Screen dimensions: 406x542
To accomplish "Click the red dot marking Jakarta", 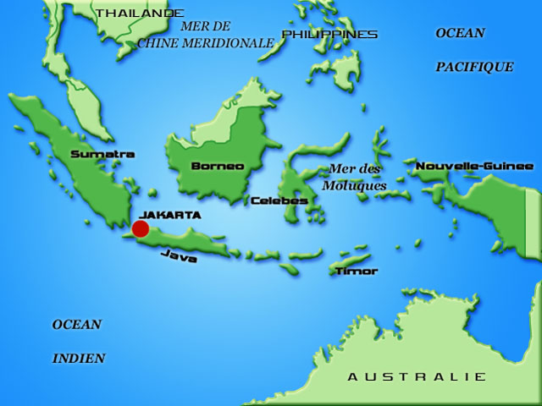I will (x=141, y=228).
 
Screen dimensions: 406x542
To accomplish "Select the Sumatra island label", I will (x=102, y=154).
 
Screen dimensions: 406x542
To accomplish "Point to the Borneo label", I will (x=218, y=166).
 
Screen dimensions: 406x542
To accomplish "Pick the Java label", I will (x=179, y=255).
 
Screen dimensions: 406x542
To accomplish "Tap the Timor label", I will (x=356, y=271).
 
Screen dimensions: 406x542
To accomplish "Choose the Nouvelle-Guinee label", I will (x=474, y=166).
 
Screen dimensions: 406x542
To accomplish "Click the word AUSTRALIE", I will (x=417, y=376).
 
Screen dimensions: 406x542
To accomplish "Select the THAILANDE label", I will (x=139, y=13).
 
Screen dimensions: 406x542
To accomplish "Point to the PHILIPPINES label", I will (x=329, y=34).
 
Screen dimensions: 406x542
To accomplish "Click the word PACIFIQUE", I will (x=474, y=66).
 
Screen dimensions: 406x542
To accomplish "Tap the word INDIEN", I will (x=79, y=359).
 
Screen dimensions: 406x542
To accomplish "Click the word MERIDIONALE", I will (x=230, y=42).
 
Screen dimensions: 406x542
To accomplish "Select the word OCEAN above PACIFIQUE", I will (x=460, y=33).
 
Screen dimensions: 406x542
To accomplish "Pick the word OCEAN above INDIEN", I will (x=77, y=324).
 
